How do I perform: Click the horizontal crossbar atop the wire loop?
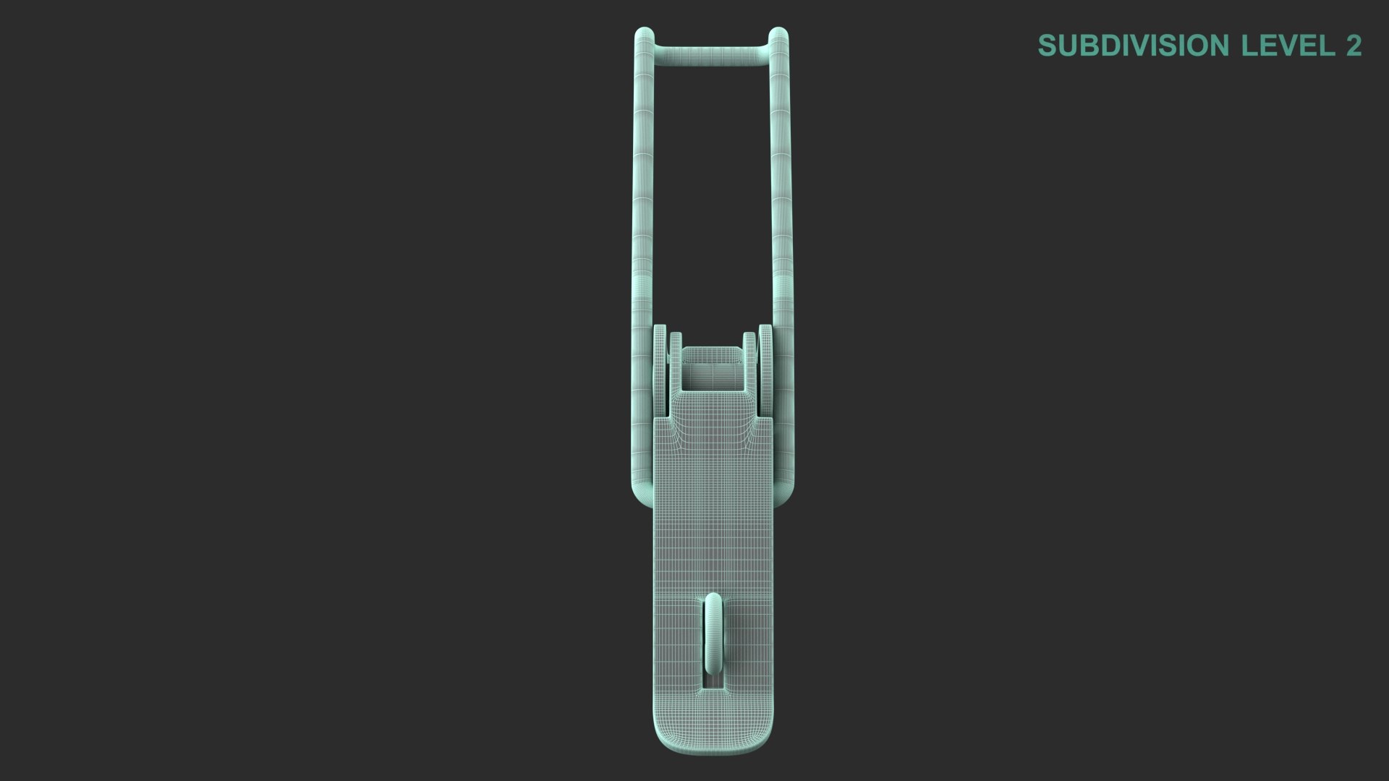pos(710,55)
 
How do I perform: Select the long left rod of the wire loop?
pos(642,188)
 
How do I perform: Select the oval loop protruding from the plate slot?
pos(713,633)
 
